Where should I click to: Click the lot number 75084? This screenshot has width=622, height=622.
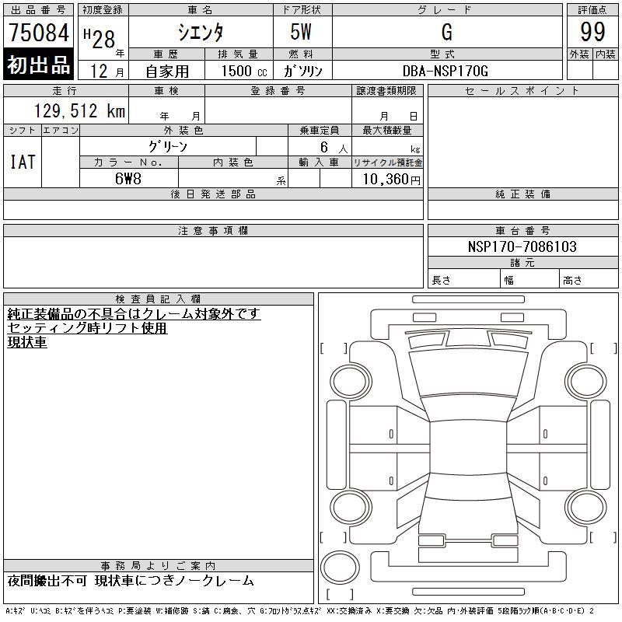coord(39,32)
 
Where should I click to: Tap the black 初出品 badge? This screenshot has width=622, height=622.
coord(38,64)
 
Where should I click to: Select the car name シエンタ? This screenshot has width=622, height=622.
coord(201,32)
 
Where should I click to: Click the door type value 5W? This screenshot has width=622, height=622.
coord(301,32)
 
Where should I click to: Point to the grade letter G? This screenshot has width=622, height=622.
coord(446,32)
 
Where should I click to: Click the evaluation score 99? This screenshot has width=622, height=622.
coord(592,32)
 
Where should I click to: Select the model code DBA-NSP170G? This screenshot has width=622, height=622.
coord(445,71)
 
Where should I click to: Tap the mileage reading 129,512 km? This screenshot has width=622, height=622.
coord(79,110)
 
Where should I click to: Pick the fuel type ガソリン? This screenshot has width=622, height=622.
coord(302,71)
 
